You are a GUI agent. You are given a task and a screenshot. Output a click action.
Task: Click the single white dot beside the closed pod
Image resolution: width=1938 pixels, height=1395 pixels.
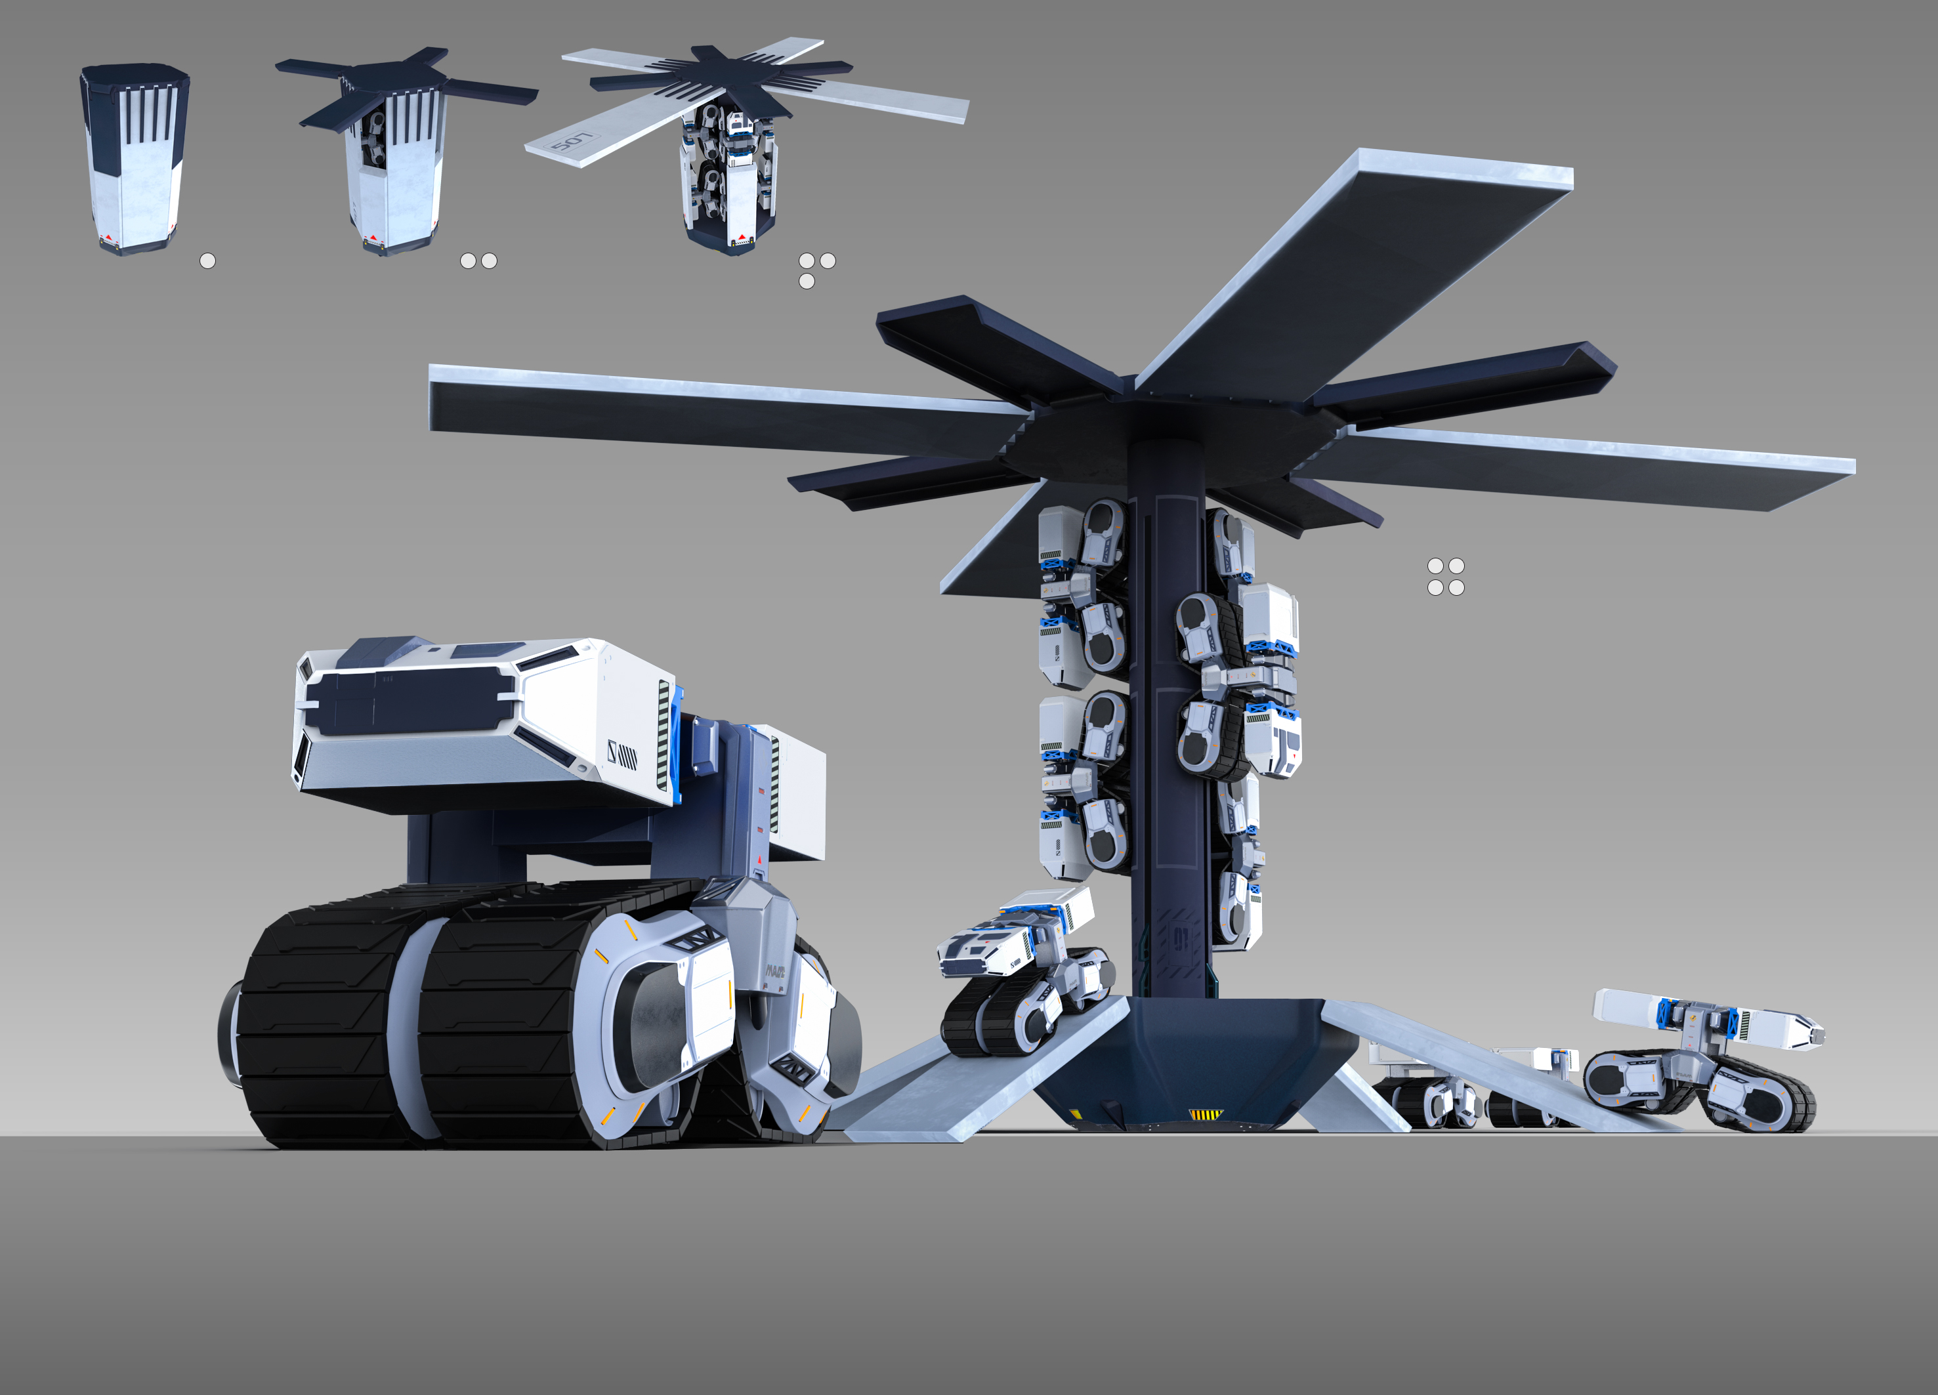pyautogui.click(x=207, y=260)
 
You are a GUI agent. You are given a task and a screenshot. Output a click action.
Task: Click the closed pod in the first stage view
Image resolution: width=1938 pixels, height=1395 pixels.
pyautogui.click(x=135, y=158)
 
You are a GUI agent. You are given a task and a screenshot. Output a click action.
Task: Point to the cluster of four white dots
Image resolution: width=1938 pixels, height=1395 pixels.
pyautogui.click(x=1446, y=577)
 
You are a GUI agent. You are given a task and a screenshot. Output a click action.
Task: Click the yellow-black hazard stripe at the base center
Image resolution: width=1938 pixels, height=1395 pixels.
pyautogui.click(x=1206, y=1114)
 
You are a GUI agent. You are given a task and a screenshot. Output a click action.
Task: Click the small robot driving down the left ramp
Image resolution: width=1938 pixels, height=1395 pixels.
pyautogui.click(x=1021, y=974)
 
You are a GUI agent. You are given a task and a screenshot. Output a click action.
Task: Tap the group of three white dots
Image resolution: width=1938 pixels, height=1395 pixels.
pyautogui.click(x=814, y=269)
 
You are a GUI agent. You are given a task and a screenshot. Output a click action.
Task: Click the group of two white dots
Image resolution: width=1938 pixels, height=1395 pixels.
pyautogui.click(x=478, y=260)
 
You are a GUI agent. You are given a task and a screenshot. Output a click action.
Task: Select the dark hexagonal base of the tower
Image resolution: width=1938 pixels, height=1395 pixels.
pyautogui.click(x=1196, y=1059)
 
